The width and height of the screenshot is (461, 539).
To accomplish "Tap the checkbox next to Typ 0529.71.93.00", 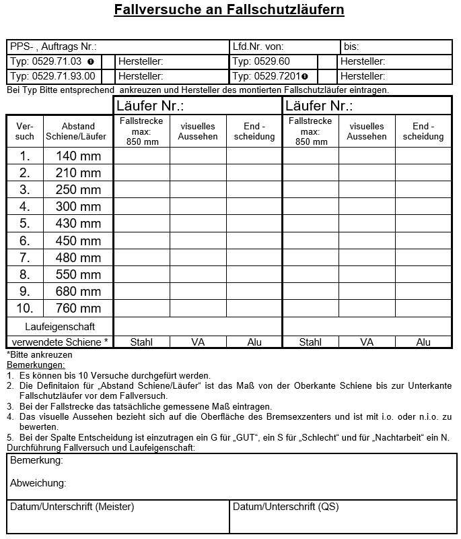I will pos(108,77).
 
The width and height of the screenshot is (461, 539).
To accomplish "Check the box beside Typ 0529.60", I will pos(327,62).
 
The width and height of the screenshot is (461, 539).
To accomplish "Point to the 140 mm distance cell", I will pos(78,156).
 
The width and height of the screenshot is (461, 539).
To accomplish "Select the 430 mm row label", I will pos(78,224).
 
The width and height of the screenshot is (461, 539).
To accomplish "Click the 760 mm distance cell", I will pos(78,309).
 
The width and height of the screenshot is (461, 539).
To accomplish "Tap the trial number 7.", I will pos(25,257).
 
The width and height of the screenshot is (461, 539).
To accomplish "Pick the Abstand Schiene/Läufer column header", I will pos(78,131).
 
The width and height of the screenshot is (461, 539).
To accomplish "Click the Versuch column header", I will pos(25,131).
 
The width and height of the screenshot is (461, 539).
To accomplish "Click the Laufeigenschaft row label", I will pos(60,327).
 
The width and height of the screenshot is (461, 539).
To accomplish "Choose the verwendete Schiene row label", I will pos(60,342).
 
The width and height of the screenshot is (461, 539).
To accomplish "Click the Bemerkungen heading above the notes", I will pos(35,364).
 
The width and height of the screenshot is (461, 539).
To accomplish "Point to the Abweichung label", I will pos(38,483).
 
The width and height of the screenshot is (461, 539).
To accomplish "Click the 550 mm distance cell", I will pos(78,275).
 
